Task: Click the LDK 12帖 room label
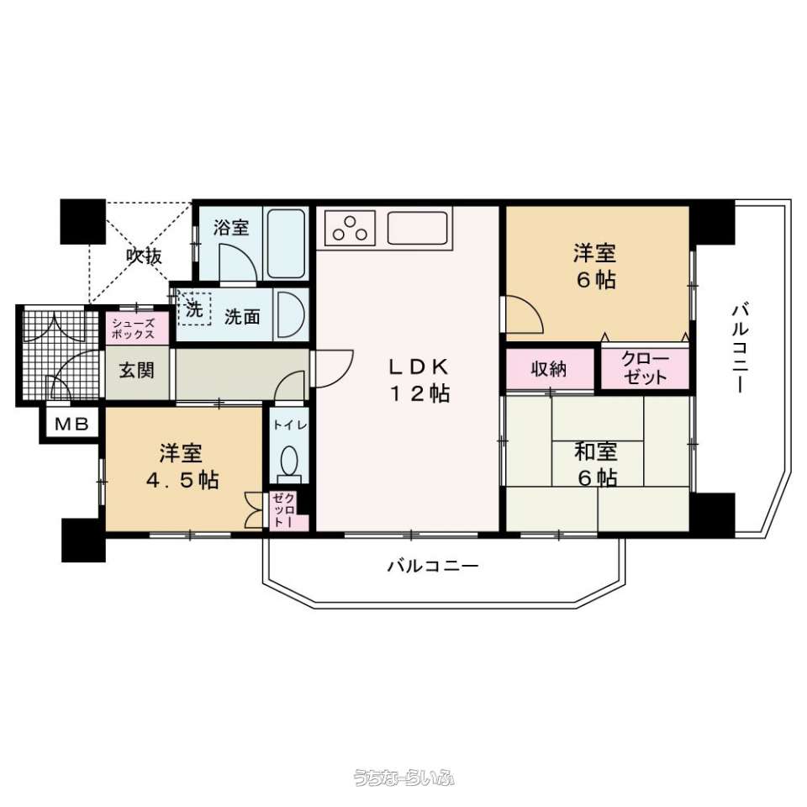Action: pos(419,380)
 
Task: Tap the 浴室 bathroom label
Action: pos(231,227)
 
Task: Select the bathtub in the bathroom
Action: pos(286,244)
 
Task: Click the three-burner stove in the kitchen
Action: pos(350,228)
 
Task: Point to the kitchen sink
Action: pos(418,228)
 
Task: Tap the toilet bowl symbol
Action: pos(289,462)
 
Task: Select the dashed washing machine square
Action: pos(194,309)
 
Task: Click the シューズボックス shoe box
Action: pos(137,329)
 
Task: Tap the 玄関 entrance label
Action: pos(137,370)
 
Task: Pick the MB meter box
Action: pos(72,425)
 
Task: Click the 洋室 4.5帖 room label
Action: pos(182,467)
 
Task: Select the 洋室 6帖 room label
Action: pos(595,266)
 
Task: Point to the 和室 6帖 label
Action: pos(595,465)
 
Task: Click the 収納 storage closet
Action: pos(550,369)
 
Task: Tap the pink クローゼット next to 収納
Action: pos(645,369)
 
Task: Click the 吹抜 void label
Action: pos(145,256)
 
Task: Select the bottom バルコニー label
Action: pos(433,566)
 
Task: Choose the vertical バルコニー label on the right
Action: pos(740,349)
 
